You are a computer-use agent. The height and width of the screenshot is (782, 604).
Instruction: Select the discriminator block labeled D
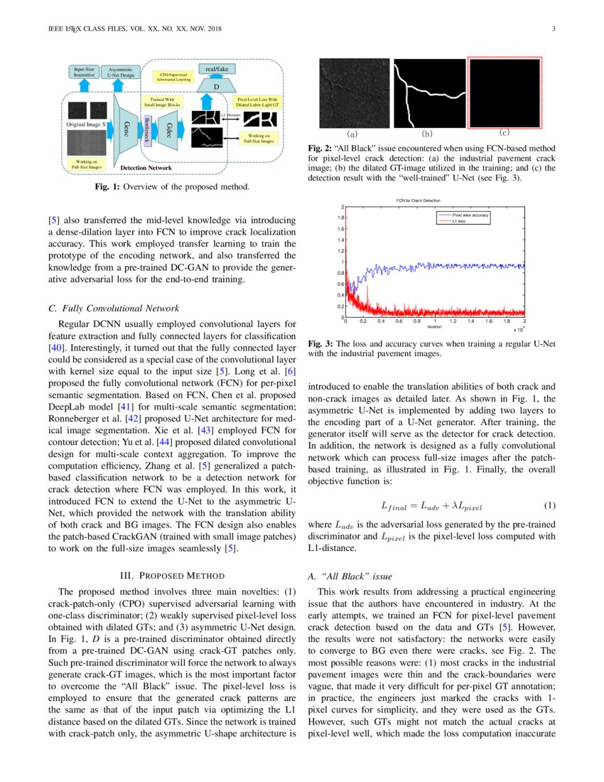(x=216, y=86)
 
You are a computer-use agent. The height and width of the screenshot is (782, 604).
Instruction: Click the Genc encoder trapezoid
(x=125, y=128)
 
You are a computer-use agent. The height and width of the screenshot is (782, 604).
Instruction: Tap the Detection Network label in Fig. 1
(x=146, y=168)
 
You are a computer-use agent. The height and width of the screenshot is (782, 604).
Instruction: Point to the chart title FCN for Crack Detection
(x=434, y=202)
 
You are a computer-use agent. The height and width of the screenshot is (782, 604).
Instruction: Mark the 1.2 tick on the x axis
(x=453, y=321)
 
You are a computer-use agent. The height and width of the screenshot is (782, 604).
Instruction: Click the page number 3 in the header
(x=553, y=29)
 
